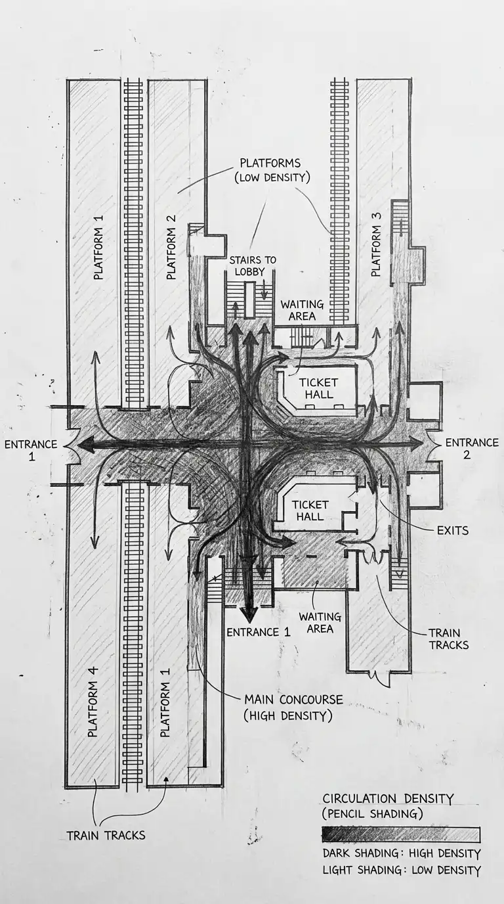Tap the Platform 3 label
[x=376, y=250]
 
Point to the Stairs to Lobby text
[x=253, y=266]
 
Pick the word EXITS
[x=452, y=530]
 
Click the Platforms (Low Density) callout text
[x=270, y=169]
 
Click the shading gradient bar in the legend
[x=400, y=834]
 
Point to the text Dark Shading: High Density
[x=401, y=854]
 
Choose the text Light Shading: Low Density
[x=401, y=870]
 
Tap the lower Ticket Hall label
[x=310, y=510]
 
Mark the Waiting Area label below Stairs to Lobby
[x=302, y=310]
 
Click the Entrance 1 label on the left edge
[x=30, y=449]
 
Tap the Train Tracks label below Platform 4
[x=106, y=836]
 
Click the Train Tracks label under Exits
[x=449, y=639]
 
